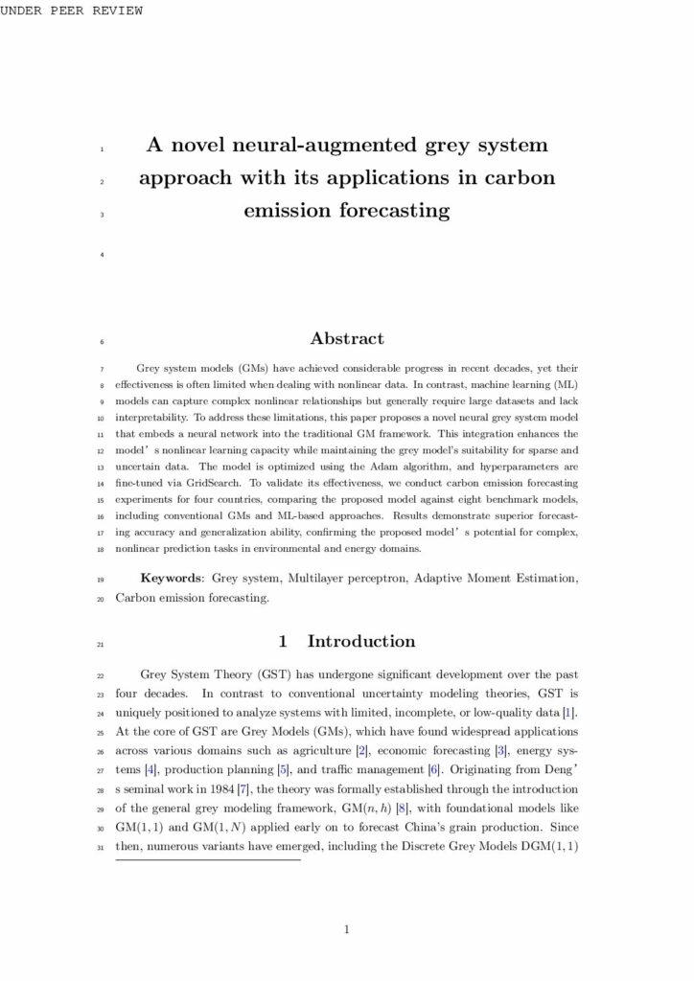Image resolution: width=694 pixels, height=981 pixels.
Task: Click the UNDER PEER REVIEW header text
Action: click(71, 11)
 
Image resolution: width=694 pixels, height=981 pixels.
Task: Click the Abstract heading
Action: click(347, 338)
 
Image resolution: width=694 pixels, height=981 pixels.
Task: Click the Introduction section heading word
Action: click(361, 642)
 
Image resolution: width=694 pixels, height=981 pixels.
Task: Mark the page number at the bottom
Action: click(347, 928)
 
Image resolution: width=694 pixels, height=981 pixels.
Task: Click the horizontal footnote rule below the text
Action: click(208, 859)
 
